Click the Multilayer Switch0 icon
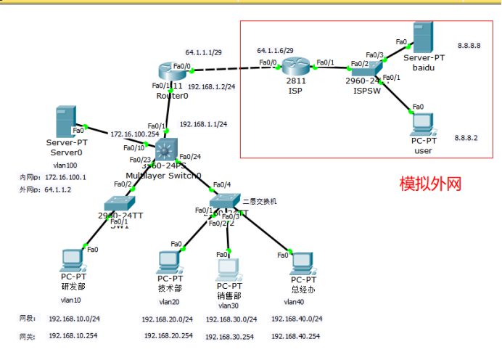166,150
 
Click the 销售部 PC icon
229,267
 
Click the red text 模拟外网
430,184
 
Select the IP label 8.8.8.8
469,45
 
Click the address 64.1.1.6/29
275,51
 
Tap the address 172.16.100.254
134,134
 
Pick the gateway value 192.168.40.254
296,336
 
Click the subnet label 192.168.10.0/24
74,319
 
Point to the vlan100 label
65,165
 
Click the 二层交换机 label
260,201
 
